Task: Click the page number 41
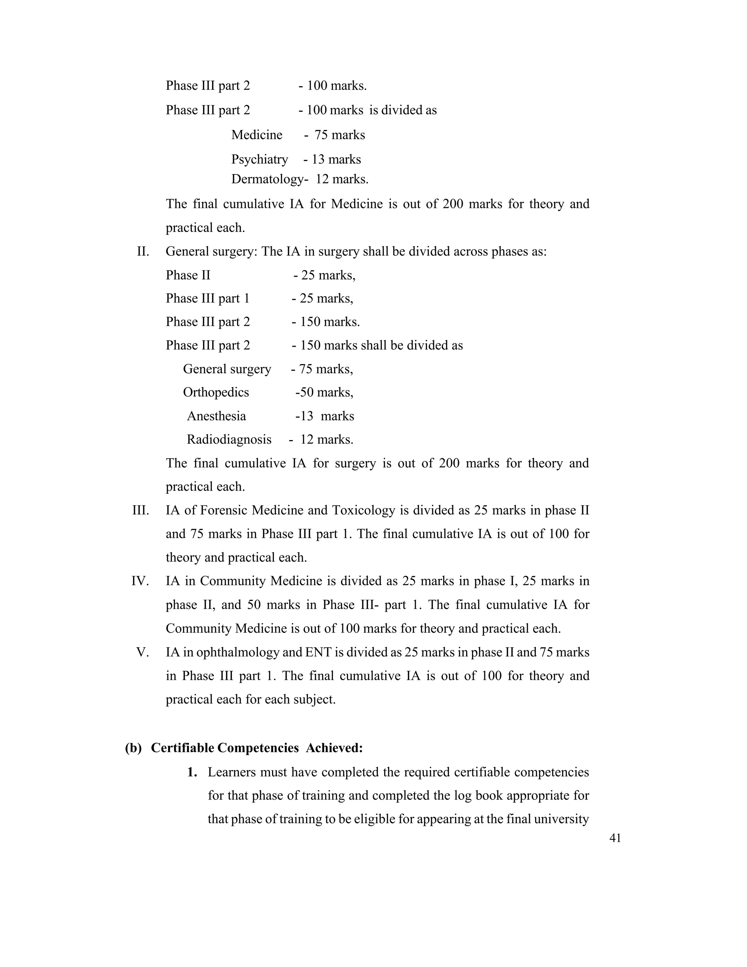(x=615, y=838)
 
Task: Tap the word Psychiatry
(x=259, y=159)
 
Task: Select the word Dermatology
(x=267, y=179)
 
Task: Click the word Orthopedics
(x=216, y=392)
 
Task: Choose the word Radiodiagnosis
(x=229, y=439)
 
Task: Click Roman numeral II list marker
(x=143, y=251)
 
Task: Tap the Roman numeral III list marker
(x=140, y=510)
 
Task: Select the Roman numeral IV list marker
(x=140, y=581)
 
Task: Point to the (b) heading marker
(x=133, y=748)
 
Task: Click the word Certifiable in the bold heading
(x=183, y=748)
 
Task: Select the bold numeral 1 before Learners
(x=191, y=772)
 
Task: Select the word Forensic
(x=223, y=510)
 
